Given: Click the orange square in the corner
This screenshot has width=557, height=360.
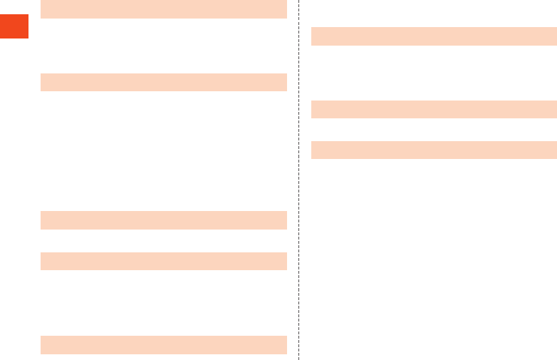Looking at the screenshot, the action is point(14,26).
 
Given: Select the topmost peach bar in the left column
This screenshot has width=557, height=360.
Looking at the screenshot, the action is point(164,9).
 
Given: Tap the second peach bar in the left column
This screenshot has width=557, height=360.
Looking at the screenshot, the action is point(164,82).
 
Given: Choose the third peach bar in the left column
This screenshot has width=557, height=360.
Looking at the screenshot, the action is point(164,220).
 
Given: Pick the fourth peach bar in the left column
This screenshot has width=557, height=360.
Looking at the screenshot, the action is point(164,261).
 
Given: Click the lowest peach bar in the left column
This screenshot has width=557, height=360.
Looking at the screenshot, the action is point(164,345).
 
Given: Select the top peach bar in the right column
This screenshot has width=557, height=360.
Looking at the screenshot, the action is point(434,36).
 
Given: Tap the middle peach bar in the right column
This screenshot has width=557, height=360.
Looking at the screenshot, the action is point(434,109).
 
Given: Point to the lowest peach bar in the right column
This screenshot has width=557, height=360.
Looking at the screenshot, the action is point(434,150).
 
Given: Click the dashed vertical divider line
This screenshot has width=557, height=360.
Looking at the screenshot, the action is point(298,178).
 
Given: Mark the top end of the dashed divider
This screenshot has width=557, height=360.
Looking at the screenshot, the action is point(298,1).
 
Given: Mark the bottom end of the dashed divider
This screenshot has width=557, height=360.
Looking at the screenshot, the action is point(298,358).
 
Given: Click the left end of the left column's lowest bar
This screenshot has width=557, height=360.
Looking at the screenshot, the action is point(43,345).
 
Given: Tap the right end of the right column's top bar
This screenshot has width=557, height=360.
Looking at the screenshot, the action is point(555,36).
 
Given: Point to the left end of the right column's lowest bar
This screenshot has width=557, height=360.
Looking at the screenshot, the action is point(314,150).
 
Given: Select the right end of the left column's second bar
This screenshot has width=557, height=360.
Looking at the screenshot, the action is point(285,82).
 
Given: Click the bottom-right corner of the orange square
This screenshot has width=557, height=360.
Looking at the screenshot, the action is point(28,38).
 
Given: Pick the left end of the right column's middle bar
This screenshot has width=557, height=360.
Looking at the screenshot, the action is point(314,109).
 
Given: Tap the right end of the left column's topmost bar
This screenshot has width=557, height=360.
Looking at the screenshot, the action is point(285,9).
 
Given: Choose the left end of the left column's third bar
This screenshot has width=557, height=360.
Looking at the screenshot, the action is point(43,220).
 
